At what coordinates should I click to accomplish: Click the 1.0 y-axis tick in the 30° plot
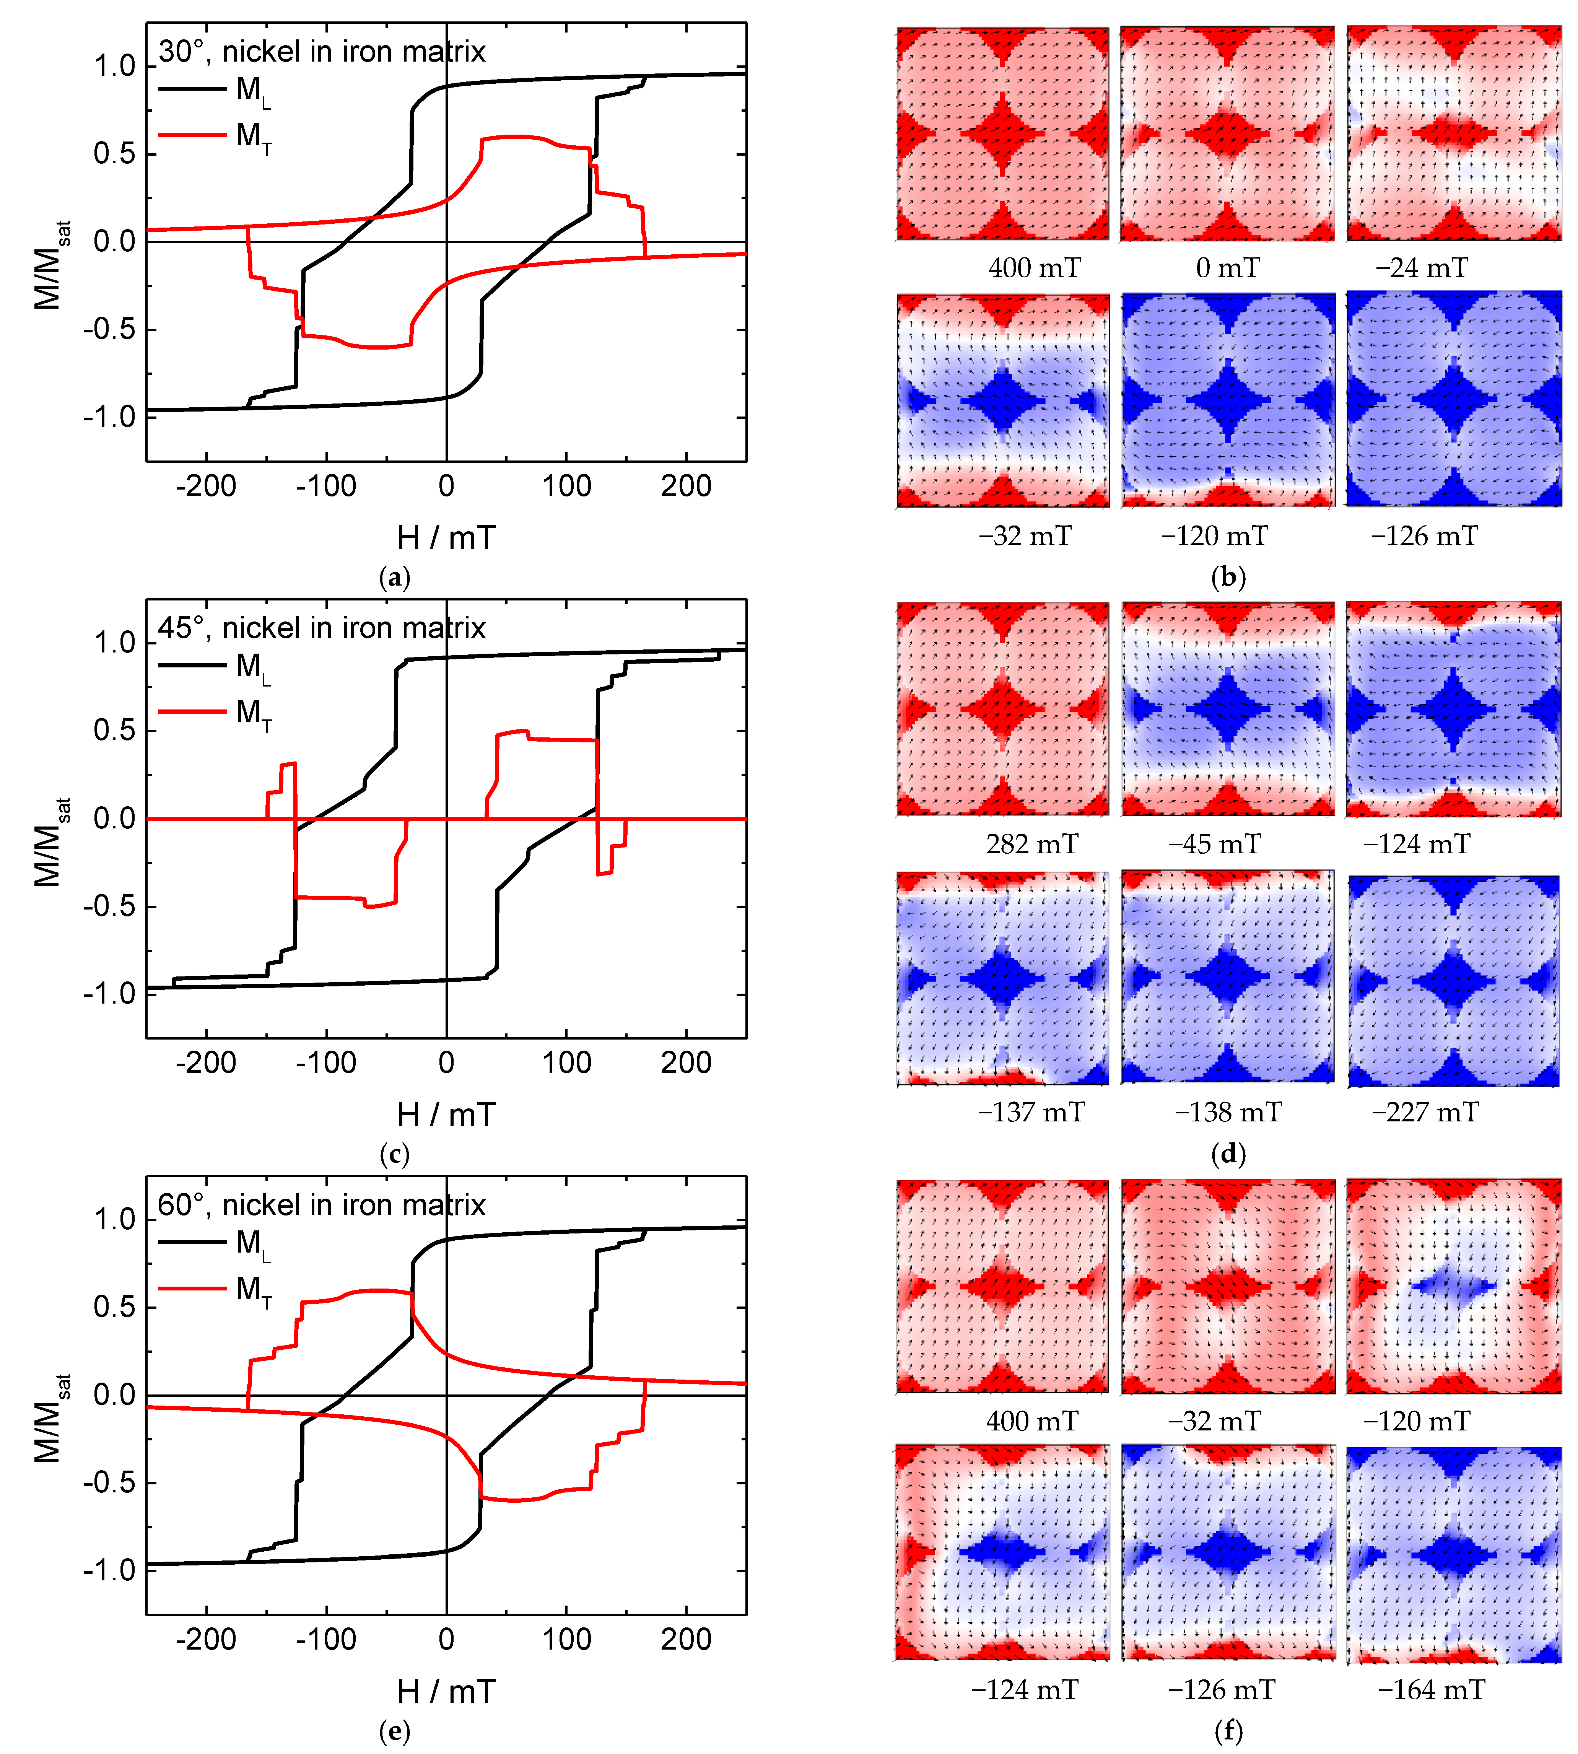click(114, 66)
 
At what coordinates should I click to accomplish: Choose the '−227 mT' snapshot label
click(1425, 1112)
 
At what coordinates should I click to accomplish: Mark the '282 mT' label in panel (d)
click(1032, 844)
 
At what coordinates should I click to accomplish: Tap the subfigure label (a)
click(395, 578)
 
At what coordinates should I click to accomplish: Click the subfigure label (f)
click(1228, 1731)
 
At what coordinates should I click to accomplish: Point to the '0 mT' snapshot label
click(1227, 268)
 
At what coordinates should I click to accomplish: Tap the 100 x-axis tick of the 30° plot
click(566, 486)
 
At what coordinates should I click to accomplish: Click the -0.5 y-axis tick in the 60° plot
click(110, 1484)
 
